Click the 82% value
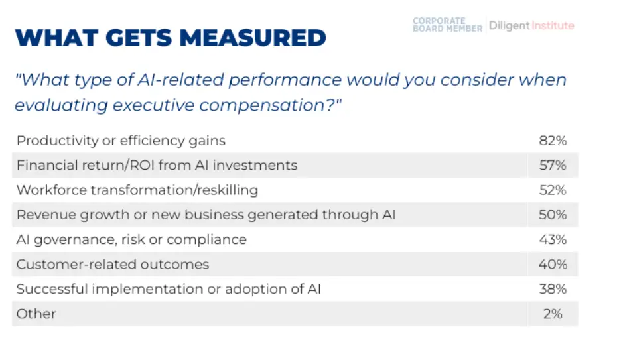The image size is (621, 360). tap(553, 141)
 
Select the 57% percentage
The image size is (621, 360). tap(553, 165)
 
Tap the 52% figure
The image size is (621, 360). tap(553, 190)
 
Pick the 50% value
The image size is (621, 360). tap(553, 214)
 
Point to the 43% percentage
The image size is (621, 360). tap(553, 239)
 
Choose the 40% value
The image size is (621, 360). tap(553, 264)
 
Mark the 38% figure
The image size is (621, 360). tap(553, 289)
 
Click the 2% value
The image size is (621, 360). tap(553, 314)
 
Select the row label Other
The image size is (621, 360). tap(36, 314)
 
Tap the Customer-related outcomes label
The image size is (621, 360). tap(113, 264)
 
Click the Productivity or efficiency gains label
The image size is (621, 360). tap(121, 141)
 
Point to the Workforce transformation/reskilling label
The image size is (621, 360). tap(137, 190)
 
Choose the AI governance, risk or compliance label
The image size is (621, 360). tap(131, 240)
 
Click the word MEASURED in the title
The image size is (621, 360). tap(253, 38)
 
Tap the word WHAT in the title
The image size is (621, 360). tap(56, 38)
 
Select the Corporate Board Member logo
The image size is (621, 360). tap(448, 25)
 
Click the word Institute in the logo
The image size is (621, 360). tap(553, 25)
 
